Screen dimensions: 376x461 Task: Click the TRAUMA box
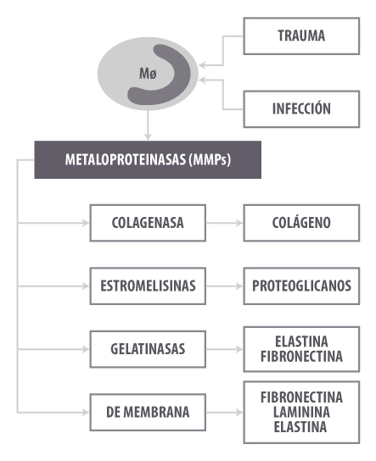coord(301,36)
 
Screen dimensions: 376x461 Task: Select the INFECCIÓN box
coord(301,109)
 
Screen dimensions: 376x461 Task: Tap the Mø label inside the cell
coord(148,74)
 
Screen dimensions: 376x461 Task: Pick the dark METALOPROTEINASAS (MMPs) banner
coord(148,159)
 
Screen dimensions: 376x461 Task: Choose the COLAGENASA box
coord(148,223)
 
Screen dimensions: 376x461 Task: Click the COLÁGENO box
coord(301,223)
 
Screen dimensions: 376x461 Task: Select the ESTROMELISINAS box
coord(148,286)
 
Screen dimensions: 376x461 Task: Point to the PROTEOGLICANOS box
coord(301,286)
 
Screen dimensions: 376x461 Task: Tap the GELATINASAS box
coord(148,349)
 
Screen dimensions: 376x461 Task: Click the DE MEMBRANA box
coord(148,413)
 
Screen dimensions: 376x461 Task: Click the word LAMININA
coord(301,412)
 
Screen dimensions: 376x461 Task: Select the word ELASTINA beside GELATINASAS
coord(301,342)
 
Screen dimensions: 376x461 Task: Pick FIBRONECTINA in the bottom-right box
coord(301,397)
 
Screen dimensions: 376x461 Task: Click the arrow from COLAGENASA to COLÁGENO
coord(224,223)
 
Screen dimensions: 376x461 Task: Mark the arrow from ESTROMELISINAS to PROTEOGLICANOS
coord(224,286)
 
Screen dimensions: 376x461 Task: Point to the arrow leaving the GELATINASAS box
coord(224,349)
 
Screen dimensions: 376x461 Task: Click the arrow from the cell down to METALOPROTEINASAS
coord(148,125)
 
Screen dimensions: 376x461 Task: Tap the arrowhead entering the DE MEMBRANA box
coord(86,413)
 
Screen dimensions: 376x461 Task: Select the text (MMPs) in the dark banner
coord(210,160)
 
